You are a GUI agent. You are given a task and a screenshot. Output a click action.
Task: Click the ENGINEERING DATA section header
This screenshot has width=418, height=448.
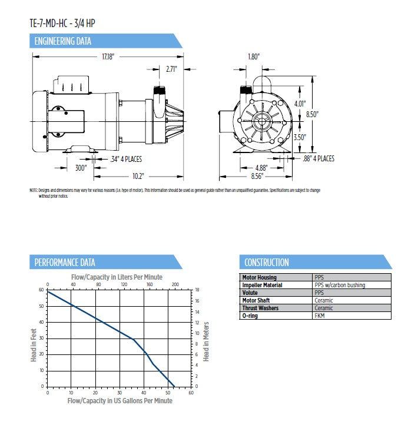click(x=63, y=41)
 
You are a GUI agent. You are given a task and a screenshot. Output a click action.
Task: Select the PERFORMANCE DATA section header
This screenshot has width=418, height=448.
click(x=65, y=263)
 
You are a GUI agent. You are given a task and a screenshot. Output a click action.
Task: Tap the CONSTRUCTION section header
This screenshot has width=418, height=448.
click(x=267, y=263)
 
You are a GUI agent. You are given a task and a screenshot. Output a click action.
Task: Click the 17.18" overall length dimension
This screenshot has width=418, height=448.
click(x=107, y=57)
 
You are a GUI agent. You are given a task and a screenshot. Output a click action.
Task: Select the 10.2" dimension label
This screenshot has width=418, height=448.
click(x=138, y=176)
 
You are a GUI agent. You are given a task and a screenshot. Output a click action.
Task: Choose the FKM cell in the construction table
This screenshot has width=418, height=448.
click(x=321, y=316)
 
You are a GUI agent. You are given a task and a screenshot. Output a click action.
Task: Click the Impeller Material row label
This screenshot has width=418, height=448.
click(x=263, y=285)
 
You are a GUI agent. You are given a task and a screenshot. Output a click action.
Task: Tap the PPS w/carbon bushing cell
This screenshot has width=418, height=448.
click(x=340, y=285)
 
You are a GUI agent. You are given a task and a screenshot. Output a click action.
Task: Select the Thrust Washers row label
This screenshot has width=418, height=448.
click(x=261, y=308)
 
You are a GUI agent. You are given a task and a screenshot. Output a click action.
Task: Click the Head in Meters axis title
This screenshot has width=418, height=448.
click(x=206, y=341)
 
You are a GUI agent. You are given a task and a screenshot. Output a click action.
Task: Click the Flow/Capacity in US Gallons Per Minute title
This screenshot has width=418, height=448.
click(x=120, y=401)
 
